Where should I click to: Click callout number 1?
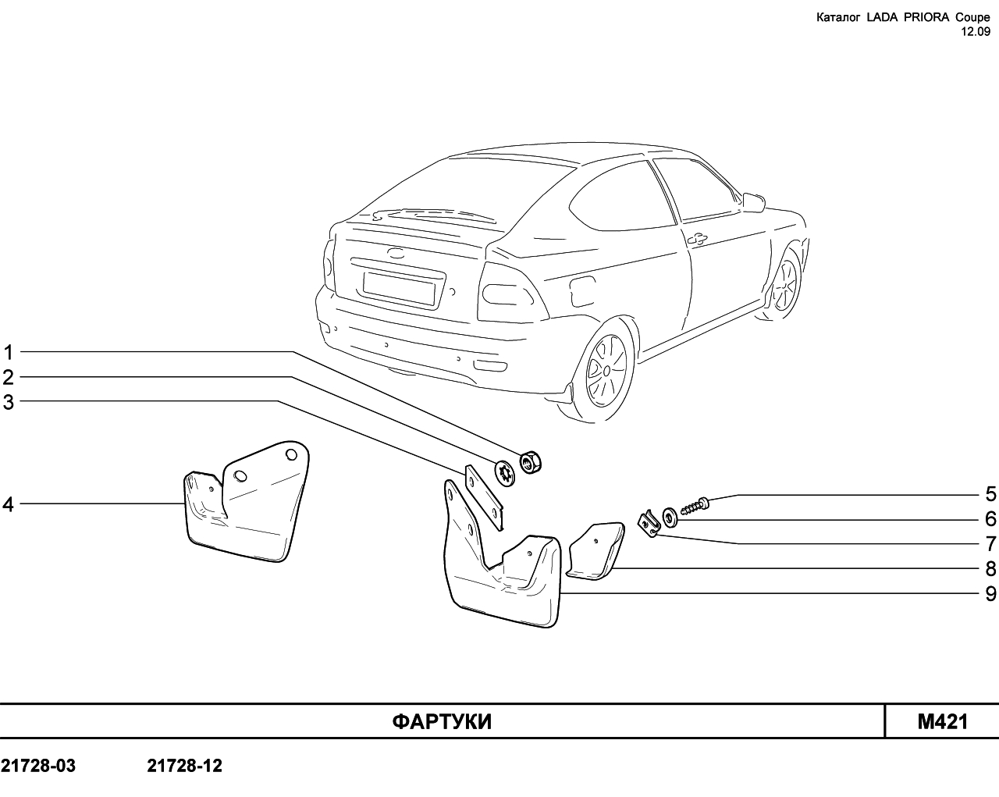[x=9, y=353]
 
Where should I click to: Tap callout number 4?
[x=9, y=504]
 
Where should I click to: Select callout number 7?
[x=990, y=543]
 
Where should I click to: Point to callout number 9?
[x=990, y=593]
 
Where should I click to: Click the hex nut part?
[x=531, y=463]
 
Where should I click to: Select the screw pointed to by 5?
[x=695, y=505]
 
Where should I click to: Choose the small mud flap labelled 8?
[x=595, y=550]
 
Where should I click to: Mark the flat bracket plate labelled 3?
[x=484, y=497]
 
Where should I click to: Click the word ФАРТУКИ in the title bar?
[x=442, y=722]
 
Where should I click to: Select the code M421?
[x=943, y=722]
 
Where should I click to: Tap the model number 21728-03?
[x=38, y=766]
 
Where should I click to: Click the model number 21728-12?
[x=185, y=766]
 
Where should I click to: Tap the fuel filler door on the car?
[x=583, y=290]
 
